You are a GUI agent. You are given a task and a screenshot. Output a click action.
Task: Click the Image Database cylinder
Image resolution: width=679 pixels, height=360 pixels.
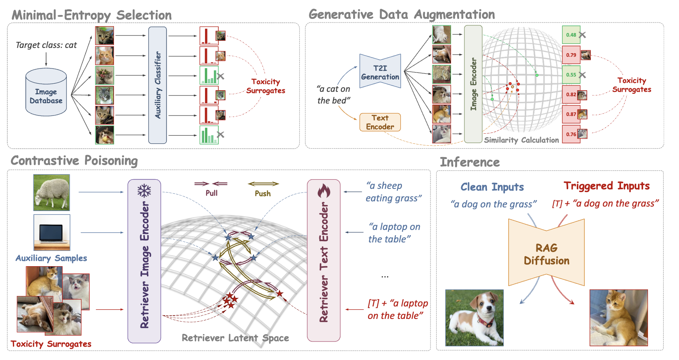click(x=46, y=92)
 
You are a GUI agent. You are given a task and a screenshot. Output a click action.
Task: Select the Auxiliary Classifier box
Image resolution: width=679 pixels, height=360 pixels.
click(x=157, y=85)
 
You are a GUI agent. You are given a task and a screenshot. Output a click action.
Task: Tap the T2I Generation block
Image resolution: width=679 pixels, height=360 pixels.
click(x=380, y=71)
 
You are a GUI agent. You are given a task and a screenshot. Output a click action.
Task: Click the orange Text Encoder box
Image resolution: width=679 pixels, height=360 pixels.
click(x=380, y=122)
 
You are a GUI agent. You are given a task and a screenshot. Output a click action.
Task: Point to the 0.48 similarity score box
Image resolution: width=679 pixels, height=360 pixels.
click(x=571, y=35)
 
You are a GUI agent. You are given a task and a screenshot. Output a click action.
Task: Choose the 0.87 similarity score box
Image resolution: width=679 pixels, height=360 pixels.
click(x=571, y=114)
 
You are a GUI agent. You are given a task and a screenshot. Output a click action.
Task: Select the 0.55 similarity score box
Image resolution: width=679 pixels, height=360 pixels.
click(x=571, y=74)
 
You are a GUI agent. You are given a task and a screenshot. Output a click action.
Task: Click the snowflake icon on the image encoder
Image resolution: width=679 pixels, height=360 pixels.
click(x=144, y=191)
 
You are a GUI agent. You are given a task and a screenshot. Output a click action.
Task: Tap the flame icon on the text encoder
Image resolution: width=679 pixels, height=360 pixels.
click(x=324, y=191)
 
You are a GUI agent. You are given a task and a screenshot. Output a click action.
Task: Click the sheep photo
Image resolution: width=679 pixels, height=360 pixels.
click(x=52, y=192)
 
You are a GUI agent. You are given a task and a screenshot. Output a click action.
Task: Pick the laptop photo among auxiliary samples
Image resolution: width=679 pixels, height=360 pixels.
click(x=52, y=232)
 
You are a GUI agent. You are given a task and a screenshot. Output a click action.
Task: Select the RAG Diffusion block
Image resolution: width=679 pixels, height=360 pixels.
click(x=546, y=252)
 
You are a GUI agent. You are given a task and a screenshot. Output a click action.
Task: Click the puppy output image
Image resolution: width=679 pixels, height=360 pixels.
click(x=474, y=318)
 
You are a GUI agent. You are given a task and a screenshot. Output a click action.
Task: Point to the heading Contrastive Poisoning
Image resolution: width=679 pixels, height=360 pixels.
click(x=74, y=161)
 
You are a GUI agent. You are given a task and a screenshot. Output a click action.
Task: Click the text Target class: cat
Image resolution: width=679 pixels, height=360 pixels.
click(x=46, y=45)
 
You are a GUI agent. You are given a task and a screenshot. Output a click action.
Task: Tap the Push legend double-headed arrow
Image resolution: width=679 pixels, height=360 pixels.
click(x=263, y=184)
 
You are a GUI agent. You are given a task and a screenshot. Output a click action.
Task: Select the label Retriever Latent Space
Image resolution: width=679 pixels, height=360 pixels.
click(x=235, y=338)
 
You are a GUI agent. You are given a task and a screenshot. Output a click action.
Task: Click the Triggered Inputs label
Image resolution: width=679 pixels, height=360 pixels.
click(x=607, y=186)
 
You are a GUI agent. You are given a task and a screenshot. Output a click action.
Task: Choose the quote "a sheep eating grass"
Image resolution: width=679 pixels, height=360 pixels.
click(x=393, y=192)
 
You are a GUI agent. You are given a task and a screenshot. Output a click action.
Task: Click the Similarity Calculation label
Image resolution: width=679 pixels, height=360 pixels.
click(x=522, y=140)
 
